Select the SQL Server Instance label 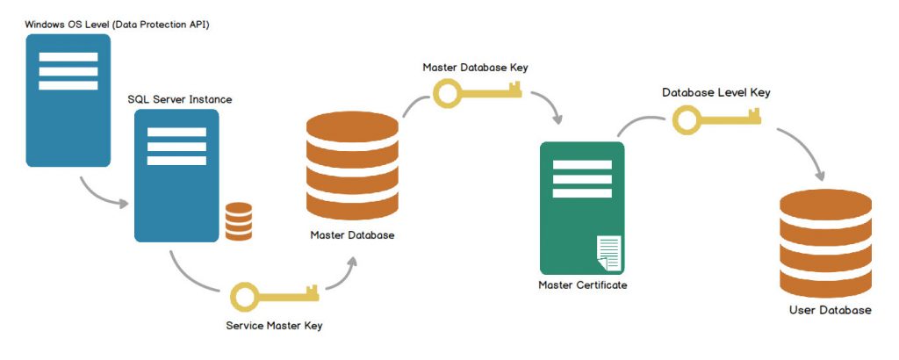[x=180, y=99]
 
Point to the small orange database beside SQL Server [x=239, y=221]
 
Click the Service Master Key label [x=274, y=326]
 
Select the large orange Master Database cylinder [x=352, y=166]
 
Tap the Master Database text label [x=352, y=235]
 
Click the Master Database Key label [x=475, y=67]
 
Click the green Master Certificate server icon [x=581, y=207]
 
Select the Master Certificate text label [x=583, y=285]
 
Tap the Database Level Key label [x=716, y=91]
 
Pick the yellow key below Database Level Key [x=716, y=119]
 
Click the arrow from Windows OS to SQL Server [x=103, y=195]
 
